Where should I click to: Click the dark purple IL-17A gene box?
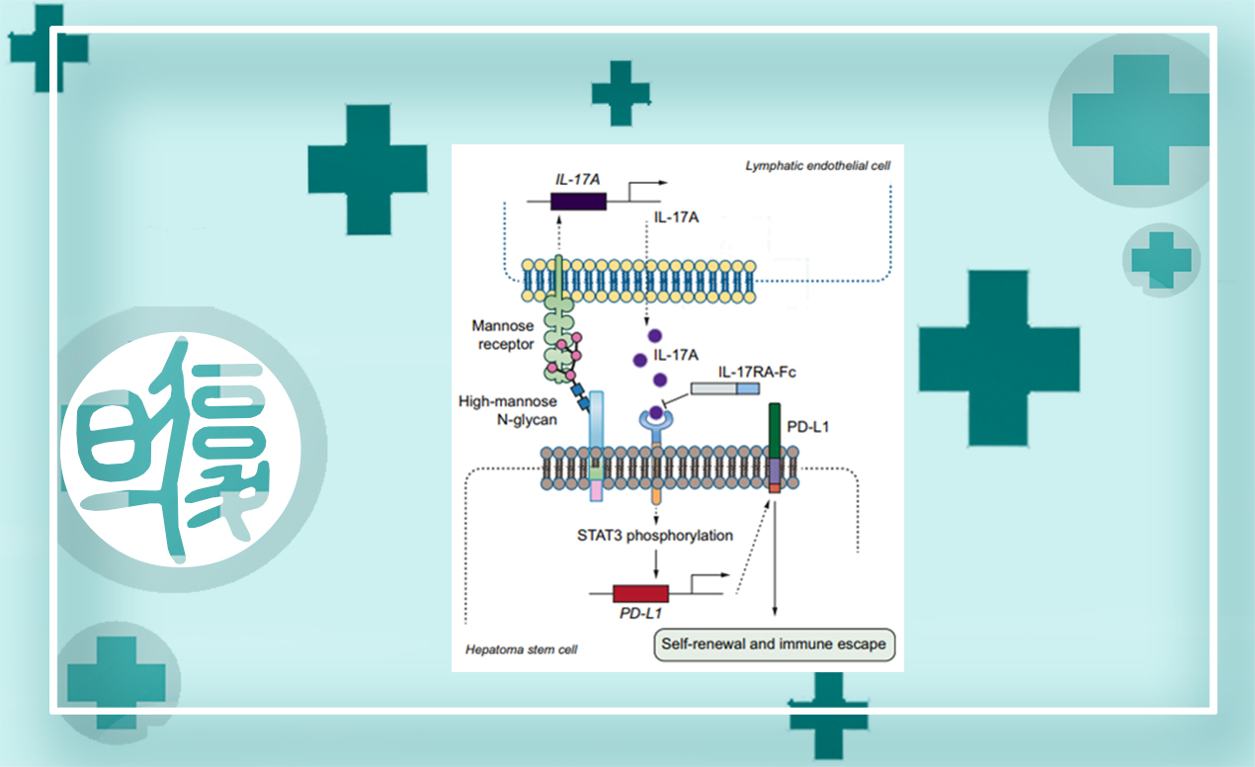point(577,201)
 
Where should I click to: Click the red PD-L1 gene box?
point(640,593)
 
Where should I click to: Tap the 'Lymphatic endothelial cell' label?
point(817,166)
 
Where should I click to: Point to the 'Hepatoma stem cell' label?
point(521,649)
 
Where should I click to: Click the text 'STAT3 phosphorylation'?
point(655,536)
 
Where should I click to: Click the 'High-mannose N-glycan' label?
point(508,410)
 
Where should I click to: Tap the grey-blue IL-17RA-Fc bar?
point(724,389)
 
